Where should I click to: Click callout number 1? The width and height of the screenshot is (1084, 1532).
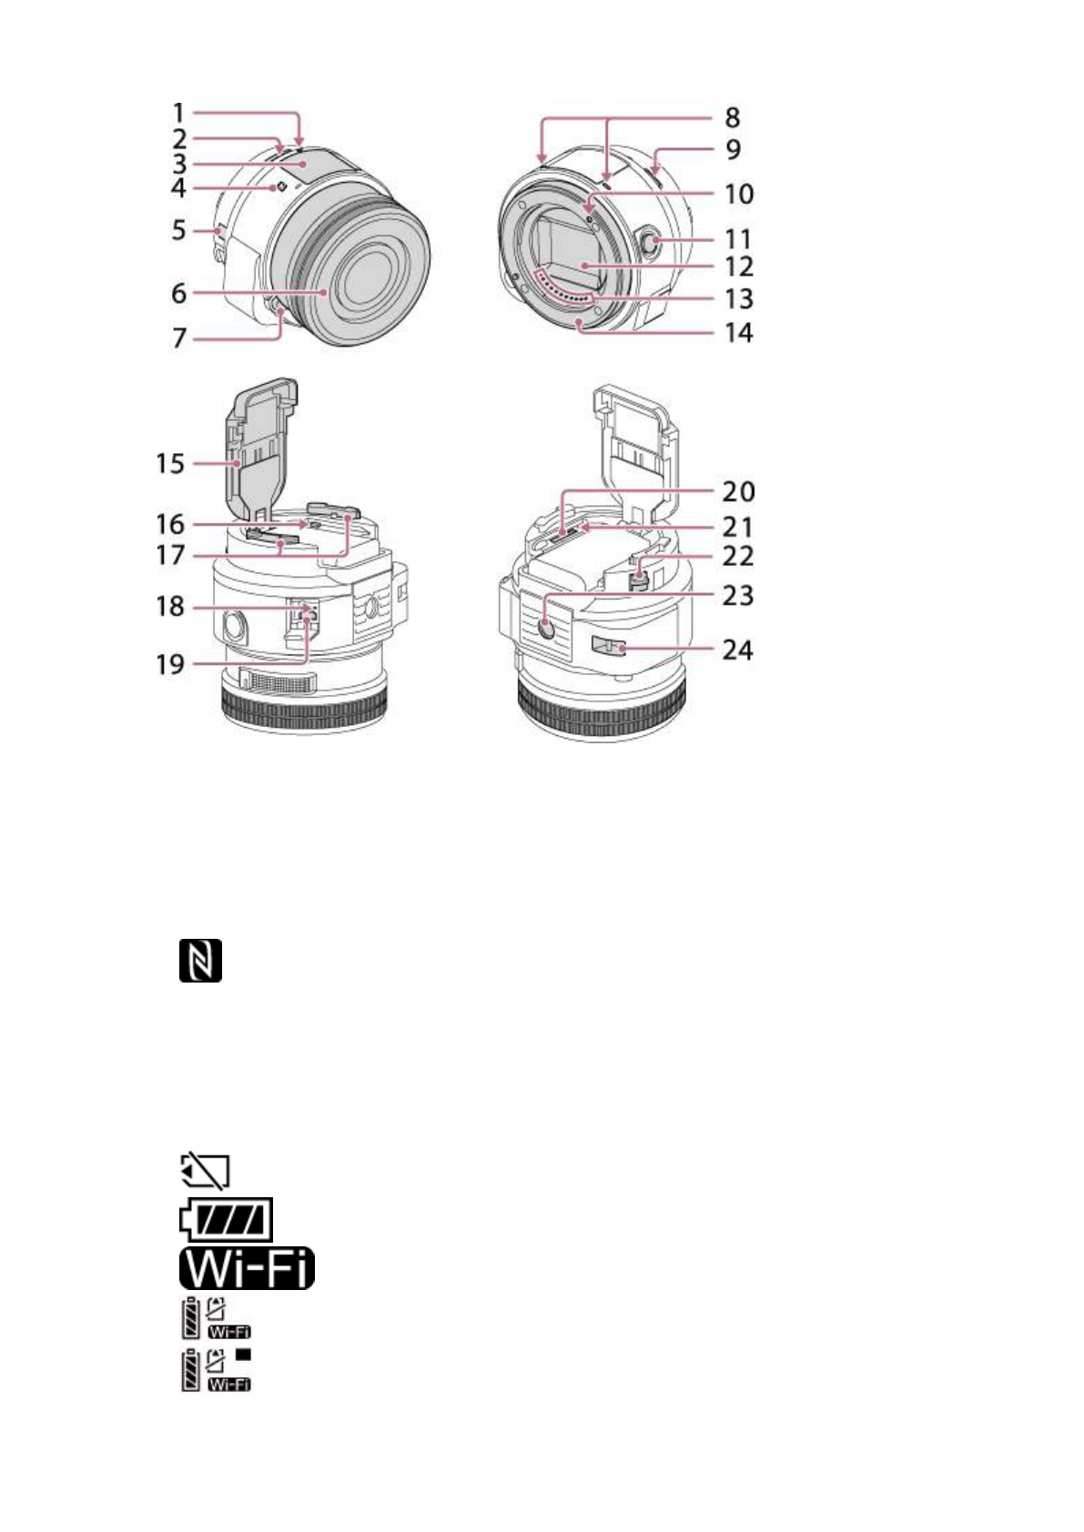(177, 113)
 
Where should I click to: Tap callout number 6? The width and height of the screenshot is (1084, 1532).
(178, 294)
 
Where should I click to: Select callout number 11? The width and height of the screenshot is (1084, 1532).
(738, 240)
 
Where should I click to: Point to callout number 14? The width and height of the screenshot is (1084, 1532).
(738, 333)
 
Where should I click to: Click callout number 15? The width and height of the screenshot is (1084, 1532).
(170, 464)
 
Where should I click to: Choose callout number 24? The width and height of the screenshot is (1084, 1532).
(738, 650)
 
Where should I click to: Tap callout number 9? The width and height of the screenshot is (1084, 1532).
(733, 149)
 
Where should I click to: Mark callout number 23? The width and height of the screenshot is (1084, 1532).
(738, 596)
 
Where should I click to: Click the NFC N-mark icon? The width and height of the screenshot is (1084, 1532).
(200, 961)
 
